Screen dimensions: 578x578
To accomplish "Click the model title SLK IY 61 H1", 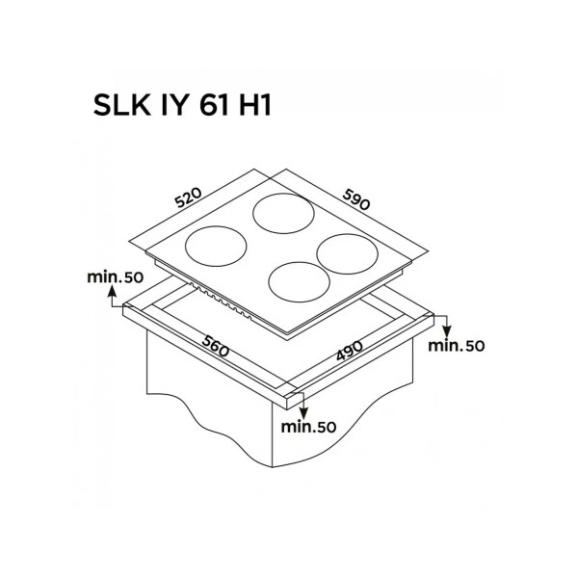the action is [x=182, y=104].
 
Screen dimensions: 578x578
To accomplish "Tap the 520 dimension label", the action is [x=189, y=197].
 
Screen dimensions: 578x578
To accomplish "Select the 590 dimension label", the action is [x=356, y=199].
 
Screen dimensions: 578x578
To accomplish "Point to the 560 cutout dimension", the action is [x=216, y=346].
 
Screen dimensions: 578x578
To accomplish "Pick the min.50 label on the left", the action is [x=115, y=277].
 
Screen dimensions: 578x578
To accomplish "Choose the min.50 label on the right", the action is [x=457, y=346].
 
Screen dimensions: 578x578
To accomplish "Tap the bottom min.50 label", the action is [x=309, y=427].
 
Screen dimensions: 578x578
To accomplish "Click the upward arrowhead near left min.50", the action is [x=112, y=291].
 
